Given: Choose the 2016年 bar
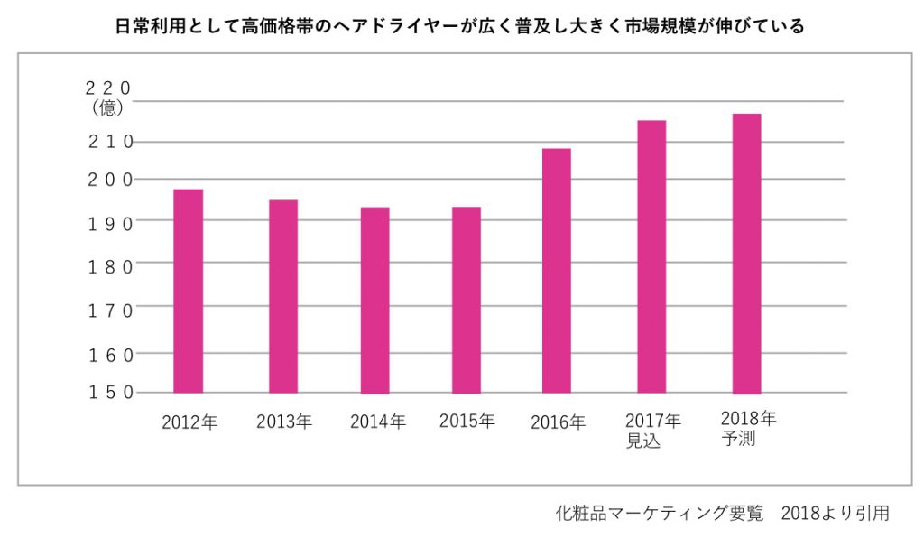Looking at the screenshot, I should click(x=556, y=270).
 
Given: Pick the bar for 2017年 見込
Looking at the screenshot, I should click(x=651, y=256).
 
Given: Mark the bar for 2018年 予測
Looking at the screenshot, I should click(x=746, y=253).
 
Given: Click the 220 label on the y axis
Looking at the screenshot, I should click(x=107, y=88).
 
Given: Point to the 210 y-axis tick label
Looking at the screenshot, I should click(x=110, y=142).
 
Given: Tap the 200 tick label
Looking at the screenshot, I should click(x=110, y=180).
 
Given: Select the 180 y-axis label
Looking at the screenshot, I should click(x=110, y=265).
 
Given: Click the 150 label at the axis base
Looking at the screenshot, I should click(x=110, y=392).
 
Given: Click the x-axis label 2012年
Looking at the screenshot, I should click(x=189, y=422).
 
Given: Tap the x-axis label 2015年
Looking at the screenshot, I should click(x=467, y=421).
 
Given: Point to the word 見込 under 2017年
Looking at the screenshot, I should click(x=642, y=442).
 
